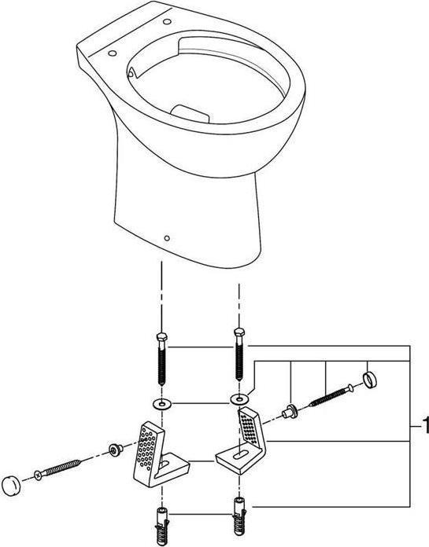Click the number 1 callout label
[x=424, y=428]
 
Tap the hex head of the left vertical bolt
[x=161, y=339]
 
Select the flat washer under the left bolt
[x=161, y=403]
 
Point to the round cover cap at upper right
[x=369, y=381]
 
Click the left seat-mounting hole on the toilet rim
[x=111, y=54]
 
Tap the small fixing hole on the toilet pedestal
[x=166, y=235]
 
